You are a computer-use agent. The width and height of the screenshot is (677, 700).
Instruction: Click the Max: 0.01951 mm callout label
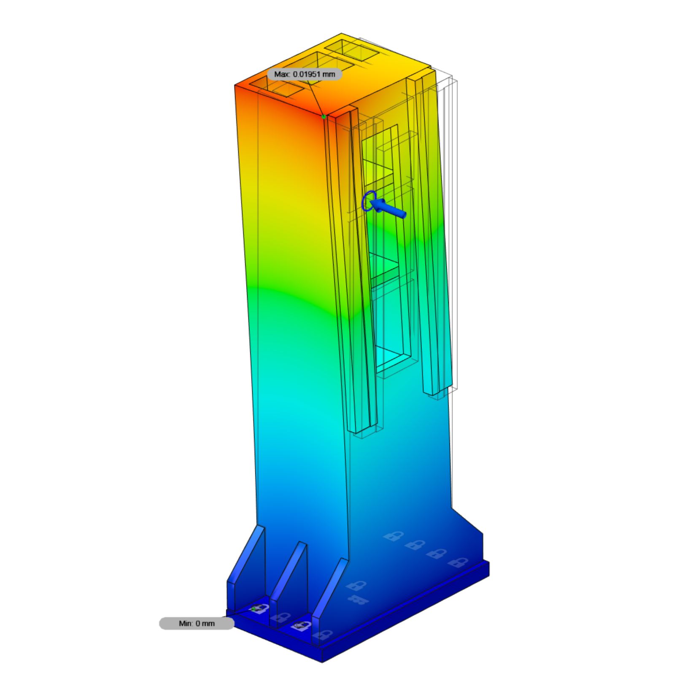[x=305, y=74]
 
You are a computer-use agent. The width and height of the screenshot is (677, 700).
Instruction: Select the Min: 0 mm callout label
[x=197, y=623]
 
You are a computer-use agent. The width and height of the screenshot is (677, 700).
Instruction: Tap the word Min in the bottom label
[x=186, y=623]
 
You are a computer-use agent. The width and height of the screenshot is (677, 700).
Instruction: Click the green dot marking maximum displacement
[x=324, y=116]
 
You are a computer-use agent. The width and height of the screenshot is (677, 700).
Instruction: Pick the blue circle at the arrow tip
[x=369, y=201]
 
